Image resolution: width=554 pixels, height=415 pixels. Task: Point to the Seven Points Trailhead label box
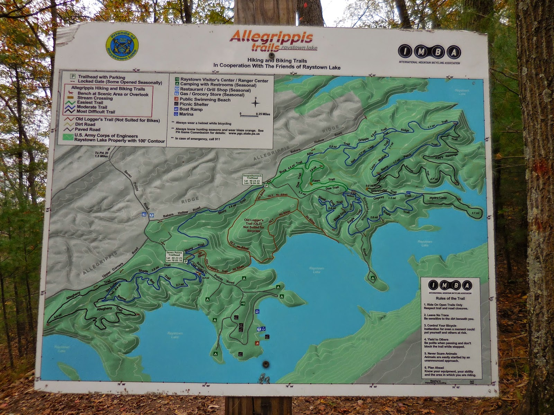click(x=174, y=256)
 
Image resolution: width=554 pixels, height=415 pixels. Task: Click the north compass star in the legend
click(x=255, y=103)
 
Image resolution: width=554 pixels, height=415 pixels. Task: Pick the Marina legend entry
click(x=184, y=114)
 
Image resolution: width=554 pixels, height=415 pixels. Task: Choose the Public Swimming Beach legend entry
click(x=203, y=100)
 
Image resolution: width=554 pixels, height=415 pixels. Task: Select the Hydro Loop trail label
click(x=438, y=198)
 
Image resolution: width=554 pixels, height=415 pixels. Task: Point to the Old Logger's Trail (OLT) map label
click(x=254, y=225)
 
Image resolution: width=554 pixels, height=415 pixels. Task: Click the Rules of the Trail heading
click(x=450, y=298)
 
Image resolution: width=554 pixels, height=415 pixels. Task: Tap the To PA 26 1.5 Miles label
click(x=102, y=154)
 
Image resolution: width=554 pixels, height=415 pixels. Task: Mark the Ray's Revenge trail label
click(x=446, y=156)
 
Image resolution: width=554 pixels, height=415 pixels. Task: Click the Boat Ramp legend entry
click(x=188, y=109)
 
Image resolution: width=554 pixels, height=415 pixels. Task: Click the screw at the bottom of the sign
click(x=266, y=364)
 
